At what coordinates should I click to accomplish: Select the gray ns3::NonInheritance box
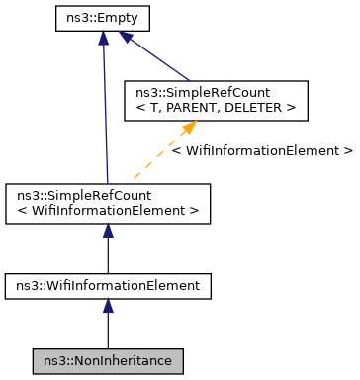point(107,361)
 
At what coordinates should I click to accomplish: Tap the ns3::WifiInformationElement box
point(107,286)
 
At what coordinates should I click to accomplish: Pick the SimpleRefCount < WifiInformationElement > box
point(107,203)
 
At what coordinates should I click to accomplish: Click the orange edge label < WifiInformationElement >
point(261,151)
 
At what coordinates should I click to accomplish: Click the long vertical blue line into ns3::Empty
point(103,109)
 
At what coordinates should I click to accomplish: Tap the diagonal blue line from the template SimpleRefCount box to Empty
point(158,59)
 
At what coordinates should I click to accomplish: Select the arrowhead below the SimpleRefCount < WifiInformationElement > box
point(107,231)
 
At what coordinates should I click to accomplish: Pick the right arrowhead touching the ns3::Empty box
point(126,37)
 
